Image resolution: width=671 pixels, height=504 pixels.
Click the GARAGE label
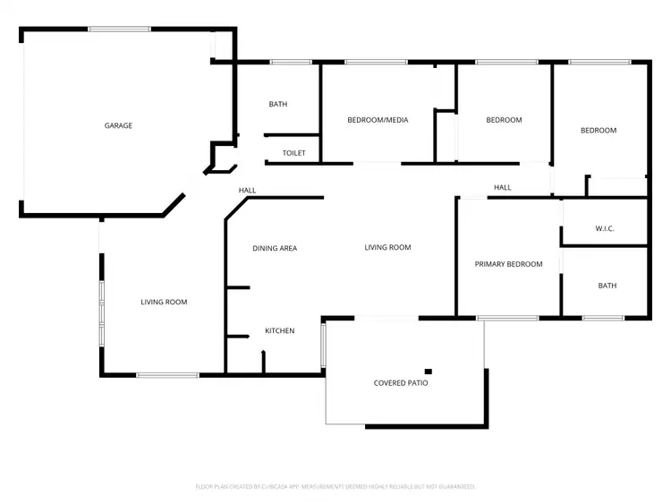tap(118, 125)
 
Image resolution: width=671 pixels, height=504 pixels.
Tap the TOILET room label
tap(293, 153)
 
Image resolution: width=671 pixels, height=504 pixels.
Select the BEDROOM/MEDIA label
tap(378, 120)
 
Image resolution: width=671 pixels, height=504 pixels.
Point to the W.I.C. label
tap(605, 229)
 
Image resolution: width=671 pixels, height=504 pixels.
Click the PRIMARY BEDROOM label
tap(508, 264)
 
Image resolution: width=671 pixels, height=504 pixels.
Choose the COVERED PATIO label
tap(401, 383)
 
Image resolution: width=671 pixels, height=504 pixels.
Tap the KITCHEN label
tap(279, 331)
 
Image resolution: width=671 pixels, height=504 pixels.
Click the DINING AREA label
tap(274, 248)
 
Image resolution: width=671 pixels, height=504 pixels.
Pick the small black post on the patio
tap(429, 372)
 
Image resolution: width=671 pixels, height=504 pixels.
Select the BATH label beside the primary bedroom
tap(607, 286)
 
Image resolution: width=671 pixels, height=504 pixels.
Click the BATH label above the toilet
tap(278, 104)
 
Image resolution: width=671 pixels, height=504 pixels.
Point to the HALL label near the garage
tap(247, 190)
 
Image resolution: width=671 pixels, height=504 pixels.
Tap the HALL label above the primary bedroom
tap(503, 187)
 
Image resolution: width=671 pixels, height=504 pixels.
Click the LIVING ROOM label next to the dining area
tap(387, 247)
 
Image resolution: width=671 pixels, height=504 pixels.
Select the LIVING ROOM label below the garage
tap(164, 303)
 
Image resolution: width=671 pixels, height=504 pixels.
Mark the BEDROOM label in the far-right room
tap(599, 131)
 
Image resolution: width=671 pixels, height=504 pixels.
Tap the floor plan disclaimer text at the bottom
tap(335, 486)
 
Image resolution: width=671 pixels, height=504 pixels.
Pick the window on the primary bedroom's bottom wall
tap(506, 318)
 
